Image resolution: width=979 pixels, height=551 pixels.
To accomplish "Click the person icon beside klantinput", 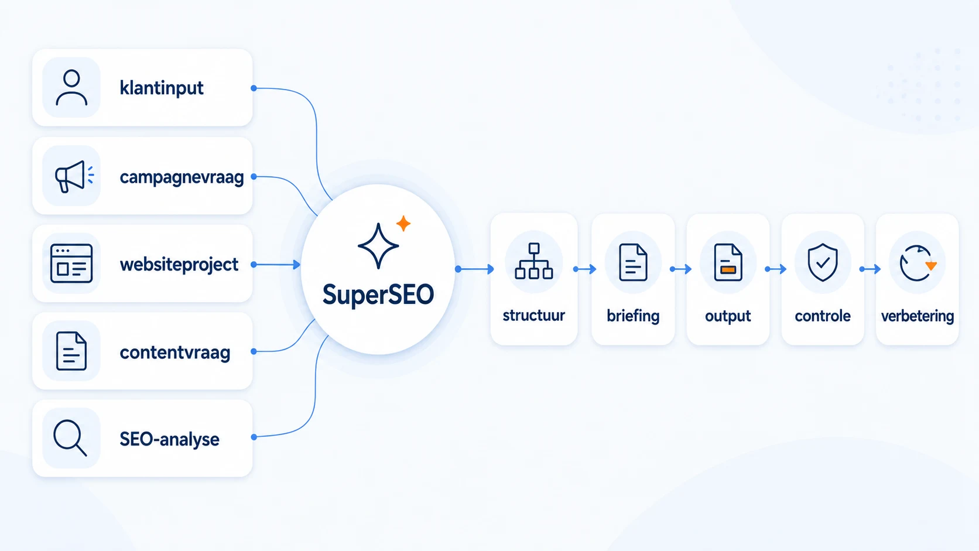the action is click(71, 88).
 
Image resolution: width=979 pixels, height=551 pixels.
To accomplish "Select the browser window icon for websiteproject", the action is click(71, 263).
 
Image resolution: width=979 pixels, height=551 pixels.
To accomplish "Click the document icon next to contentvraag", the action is click(71, 351).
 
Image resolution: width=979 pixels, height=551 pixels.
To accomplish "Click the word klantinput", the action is click(161, 88).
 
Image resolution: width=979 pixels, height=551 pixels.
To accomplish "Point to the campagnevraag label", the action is click(182, 177).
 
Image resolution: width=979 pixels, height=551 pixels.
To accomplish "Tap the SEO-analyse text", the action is click(170, 439).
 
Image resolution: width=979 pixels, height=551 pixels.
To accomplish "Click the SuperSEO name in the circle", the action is click(378, 295).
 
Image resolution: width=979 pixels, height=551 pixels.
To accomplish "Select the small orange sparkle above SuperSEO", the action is click(403, 223).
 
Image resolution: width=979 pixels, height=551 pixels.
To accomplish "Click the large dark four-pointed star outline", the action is click(378, 245).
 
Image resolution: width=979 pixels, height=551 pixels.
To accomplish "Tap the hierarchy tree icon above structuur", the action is click(533, 261).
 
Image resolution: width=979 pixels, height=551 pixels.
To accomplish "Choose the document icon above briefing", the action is click(633, 262).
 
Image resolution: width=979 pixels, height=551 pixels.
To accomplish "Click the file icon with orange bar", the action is click(728, 262).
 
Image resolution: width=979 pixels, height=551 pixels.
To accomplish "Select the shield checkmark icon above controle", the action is click(823, 262).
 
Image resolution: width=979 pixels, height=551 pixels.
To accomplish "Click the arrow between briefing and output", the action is click(680, 269).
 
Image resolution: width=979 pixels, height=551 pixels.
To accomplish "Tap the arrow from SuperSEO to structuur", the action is click(475, 269).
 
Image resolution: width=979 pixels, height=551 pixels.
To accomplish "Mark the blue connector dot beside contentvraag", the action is click(254, 351).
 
